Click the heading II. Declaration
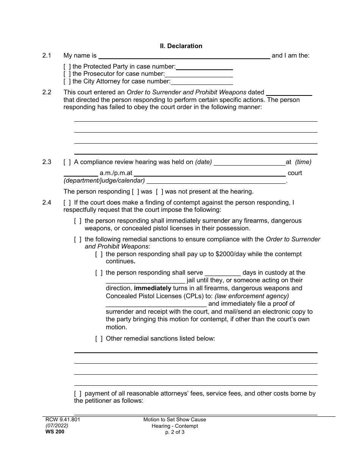point(181,46)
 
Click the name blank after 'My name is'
point(184,56)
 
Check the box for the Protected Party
point(67,67)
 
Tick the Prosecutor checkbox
point(67,74)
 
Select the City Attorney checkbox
point(67,81)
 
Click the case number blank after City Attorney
point(202,81)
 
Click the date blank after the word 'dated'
point(289,92)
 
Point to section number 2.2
point(47,92)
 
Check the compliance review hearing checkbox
point(67,162)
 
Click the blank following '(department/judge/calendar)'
point(216,181)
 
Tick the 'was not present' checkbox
point(160,192)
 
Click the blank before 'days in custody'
point(222,273)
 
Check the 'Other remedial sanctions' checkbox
point(99,338)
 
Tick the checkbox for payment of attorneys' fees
point(78,394)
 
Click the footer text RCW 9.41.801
point(61,420)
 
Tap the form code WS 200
point(53,432)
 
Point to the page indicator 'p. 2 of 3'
point(175,432)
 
